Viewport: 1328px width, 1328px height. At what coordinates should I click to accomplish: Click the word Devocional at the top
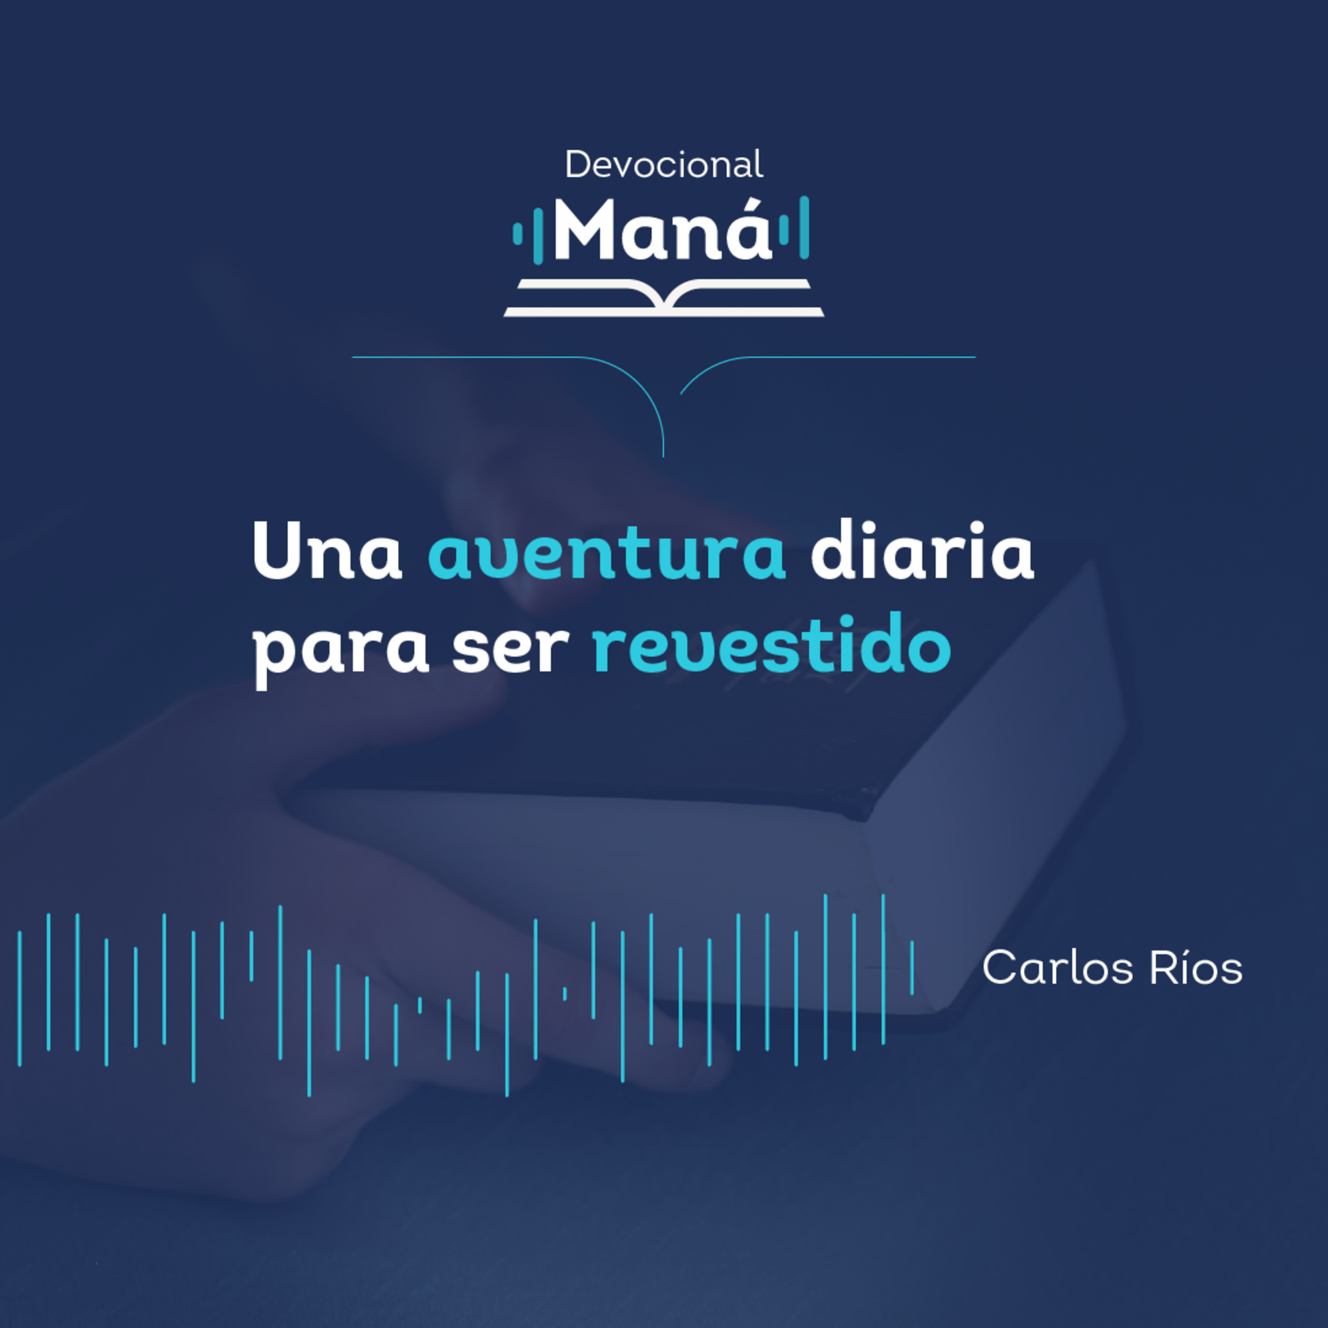click(x=663, y=165)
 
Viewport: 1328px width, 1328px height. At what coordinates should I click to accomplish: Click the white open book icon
click(x=664, y=297)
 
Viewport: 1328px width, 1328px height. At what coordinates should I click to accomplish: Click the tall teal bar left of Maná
click(x=538, y=233)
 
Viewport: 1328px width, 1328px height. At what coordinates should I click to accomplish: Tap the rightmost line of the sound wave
click(x=912, y=968)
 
